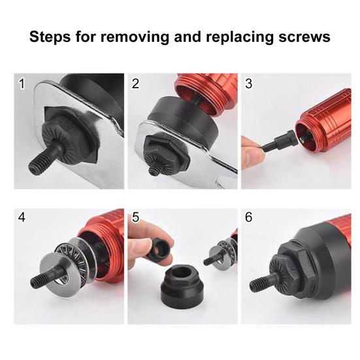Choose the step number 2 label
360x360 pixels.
pyautogui.click(x=135, y=84)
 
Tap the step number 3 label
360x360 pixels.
pyautogui.click(x=248, y=84)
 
